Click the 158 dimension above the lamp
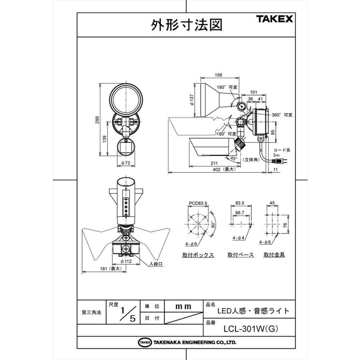pos(218,75)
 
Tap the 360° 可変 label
pos(282,115)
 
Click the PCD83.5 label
pos(198,203)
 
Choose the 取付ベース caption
pos(240,255)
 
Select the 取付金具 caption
pos(274,255)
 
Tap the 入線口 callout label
pos(156,264)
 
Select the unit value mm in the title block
pos(183,306)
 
